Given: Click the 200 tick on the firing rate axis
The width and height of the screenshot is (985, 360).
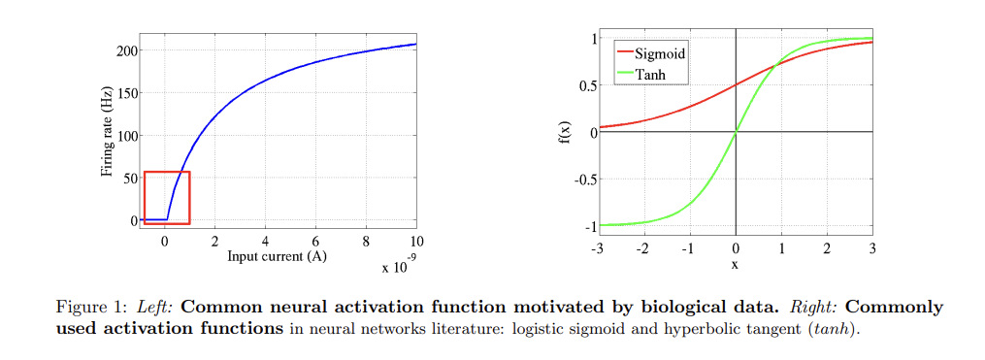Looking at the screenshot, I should tap(127, 50).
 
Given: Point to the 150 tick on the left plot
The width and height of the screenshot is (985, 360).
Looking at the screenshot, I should tap(127, 93).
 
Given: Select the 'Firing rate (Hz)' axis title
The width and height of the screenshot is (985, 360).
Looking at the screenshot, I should tap(107, 132).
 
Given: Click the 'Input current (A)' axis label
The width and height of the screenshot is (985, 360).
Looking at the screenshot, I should tap(276, 256).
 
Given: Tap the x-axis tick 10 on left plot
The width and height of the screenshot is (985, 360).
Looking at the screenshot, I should tap(416, 240).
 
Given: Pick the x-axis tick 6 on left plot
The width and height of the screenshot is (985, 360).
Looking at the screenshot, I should tap(315, 240).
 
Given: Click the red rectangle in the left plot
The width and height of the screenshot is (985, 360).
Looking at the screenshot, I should tap(167, 173).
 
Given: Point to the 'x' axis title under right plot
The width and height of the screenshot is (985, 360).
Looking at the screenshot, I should tap(735, 264).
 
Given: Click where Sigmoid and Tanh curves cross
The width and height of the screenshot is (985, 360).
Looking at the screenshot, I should tap(777, 66).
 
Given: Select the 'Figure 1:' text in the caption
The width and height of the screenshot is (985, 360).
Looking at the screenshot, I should tap(93, 308).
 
